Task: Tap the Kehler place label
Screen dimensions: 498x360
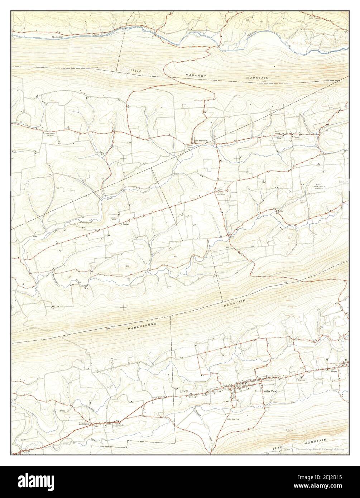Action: tap(281, 212)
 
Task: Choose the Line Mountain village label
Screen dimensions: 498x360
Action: tap(201, 140)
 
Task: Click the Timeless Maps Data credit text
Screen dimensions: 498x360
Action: tap(320, 449)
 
